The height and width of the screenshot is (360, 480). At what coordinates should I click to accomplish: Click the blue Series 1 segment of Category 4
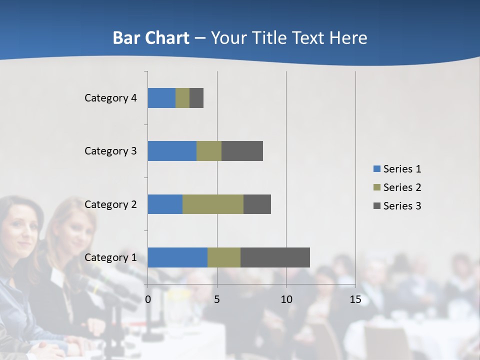click(x=161, y=98)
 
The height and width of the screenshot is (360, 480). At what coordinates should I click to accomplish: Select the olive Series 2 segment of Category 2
click(x=213, y=204)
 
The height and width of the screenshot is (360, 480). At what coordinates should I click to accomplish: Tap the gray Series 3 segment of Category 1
click(x=275, y=257)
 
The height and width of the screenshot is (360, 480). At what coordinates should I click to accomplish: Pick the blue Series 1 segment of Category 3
click(x=172, y=151)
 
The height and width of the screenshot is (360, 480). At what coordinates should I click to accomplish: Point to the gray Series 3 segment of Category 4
click(x=196, y=98)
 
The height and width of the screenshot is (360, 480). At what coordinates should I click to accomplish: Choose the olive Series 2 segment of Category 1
click(x=224, y=257)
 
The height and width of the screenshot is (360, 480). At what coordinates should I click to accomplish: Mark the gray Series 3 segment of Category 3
click(x=242, y=151)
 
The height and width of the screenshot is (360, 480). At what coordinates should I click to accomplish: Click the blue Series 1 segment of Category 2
click(x=165, y=204)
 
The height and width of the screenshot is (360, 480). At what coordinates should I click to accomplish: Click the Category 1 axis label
click(x=110, y=257)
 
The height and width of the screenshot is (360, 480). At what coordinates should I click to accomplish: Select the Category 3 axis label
click(x=110, y=151)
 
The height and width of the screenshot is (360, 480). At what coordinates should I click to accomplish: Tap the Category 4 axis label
click(x=110, y=98)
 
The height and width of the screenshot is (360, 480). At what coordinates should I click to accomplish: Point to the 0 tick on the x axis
click(x=148, y=299)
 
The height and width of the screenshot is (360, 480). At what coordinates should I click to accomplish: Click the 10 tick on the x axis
click(x=286, y=299)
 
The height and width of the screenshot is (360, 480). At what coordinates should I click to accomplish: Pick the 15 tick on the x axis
click(x=355, y=299)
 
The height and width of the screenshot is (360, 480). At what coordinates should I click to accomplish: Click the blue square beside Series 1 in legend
click(x=377, y=169)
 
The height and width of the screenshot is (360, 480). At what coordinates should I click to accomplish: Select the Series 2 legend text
click(x=402, y=187)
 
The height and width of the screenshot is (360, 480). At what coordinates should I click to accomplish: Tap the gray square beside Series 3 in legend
click(x=377, y=205)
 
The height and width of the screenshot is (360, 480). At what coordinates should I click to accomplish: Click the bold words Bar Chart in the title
click(x=151, y=38)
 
